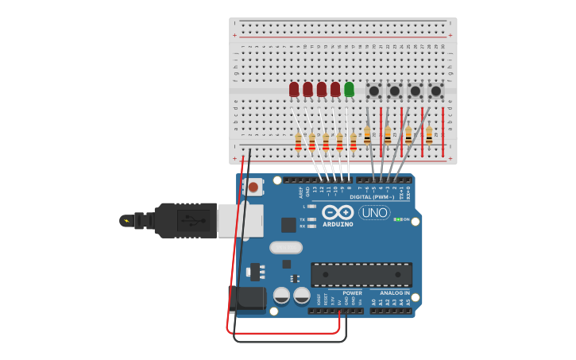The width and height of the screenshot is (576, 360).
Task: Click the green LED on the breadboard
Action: (x=349, y=89)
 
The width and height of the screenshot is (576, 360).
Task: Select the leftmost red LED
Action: (x=294, y=89)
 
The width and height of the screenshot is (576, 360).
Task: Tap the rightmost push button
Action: (x=435, y=91)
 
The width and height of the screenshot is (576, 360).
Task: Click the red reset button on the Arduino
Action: (x=253, y=188)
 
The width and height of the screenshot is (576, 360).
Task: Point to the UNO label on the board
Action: (x=374, y=212)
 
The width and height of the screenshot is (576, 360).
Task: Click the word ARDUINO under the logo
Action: (x=338, y=224)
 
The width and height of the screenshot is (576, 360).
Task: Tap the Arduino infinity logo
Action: (x=338, y=212)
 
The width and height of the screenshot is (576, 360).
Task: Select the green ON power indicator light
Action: (x=396, y=219)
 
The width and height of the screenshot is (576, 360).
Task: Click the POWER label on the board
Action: (x=352, y=292)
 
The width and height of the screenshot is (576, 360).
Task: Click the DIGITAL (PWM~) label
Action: (x=372, y=197)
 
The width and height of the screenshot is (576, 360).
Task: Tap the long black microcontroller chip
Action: (x=361, y=274)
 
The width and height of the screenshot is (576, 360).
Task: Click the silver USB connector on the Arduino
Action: (x=240, y=220)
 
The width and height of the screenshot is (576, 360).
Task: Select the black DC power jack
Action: (x=247, y=299)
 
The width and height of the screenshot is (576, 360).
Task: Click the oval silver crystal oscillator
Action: (x=286, y=247)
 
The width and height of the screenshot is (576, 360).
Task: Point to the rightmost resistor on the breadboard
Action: (x=429, y=135)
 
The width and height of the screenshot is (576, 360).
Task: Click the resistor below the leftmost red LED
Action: (x=298, y=142)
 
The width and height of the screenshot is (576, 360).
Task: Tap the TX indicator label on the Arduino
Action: (x=303, y=219)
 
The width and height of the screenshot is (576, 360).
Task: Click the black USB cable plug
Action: (x=187, y=220)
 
